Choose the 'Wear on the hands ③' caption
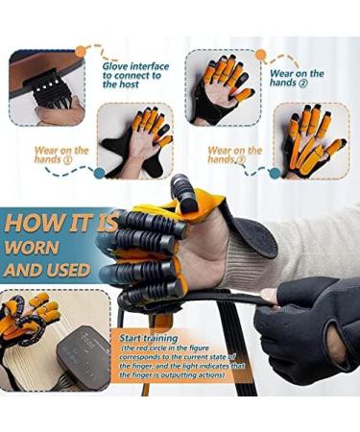pos(235,156)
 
